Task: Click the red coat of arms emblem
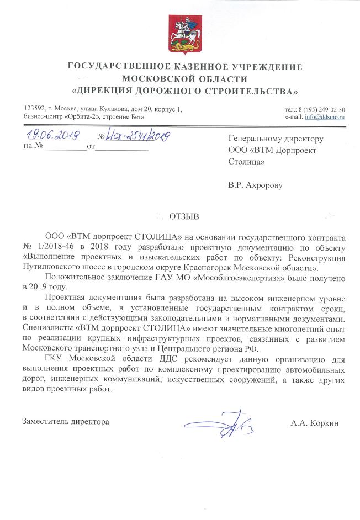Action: coord(179,33)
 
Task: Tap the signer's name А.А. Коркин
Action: coord(314,423)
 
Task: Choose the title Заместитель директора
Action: coord(66,422)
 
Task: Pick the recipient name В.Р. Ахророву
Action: coord(255,185)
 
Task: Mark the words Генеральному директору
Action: coord(276,139)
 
